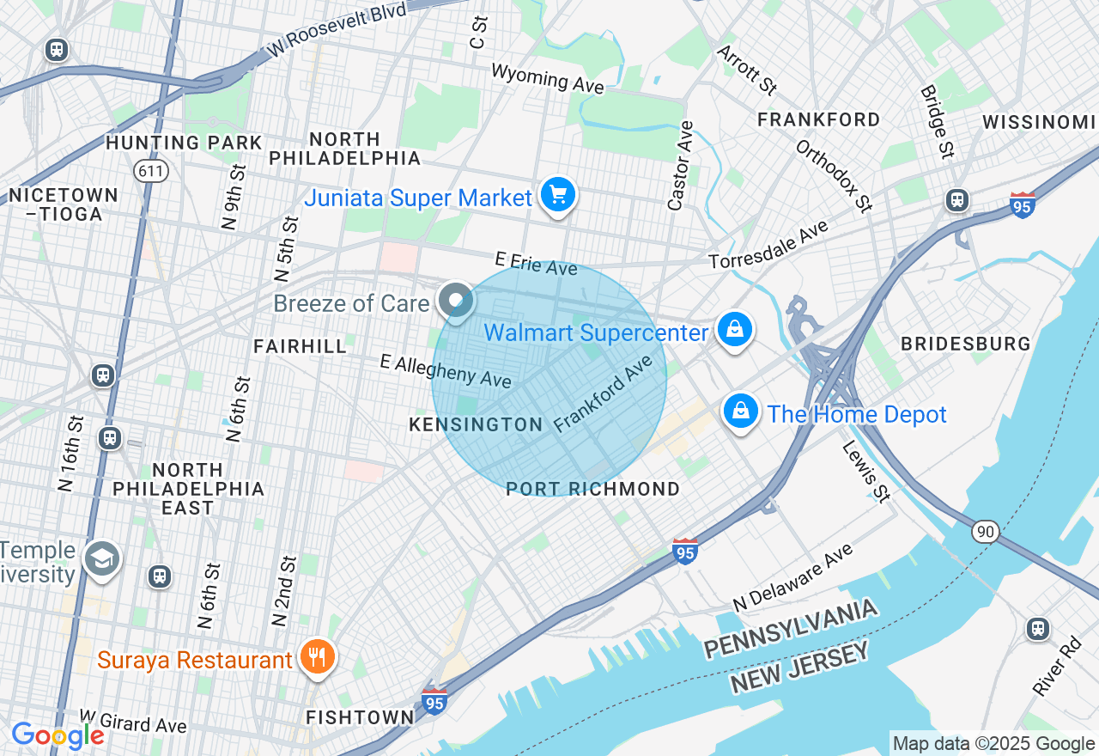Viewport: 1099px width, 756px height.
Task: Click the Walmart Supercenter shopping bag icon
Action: coord(734,330)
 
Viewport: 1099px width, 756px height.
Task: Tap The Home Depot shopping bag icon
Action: coord(741,412)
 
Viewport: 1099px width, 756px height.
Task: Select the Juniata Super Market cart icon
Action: coord(558,196)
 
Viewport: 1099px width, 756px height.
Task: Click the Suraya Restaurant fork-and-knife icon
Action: coord(318,658)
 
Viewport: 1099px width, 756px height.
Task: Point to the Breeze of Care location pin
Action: coord(456,301)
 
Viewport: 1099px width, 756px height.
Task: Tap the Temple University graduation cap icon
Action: coord(102,559)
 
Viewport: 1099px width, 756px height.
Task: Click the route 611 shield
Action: coord(150,171)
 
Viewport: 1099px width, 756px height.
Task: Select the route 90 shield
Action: coord(986,532)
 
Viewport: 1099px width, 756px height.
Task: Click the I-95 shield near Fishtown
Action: coord(434,701)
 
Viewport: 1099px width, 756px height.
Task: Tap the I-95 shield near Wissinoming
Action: coord(1022,205)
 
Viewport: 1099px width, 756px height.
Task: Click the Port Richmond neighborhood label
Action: coord(592,489)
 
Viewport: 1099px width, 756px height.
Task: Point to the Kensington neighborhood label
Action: coord(476,424)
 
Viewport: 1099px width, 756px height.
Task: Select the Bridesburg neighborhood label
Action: coord(965,344)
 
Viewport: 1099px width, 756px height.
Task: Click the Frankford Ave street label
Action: coord(610,395)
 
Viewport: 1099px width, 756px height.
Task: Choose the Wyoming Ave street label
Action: coord(547,77)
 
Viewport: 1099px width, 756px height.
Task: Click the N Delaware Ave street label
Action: coord(794,576)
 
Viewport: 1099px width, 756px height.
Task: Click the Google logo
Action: coord(58,735)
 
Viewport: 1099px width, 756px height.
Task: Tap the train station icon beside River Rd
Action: coord(1038,629)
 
